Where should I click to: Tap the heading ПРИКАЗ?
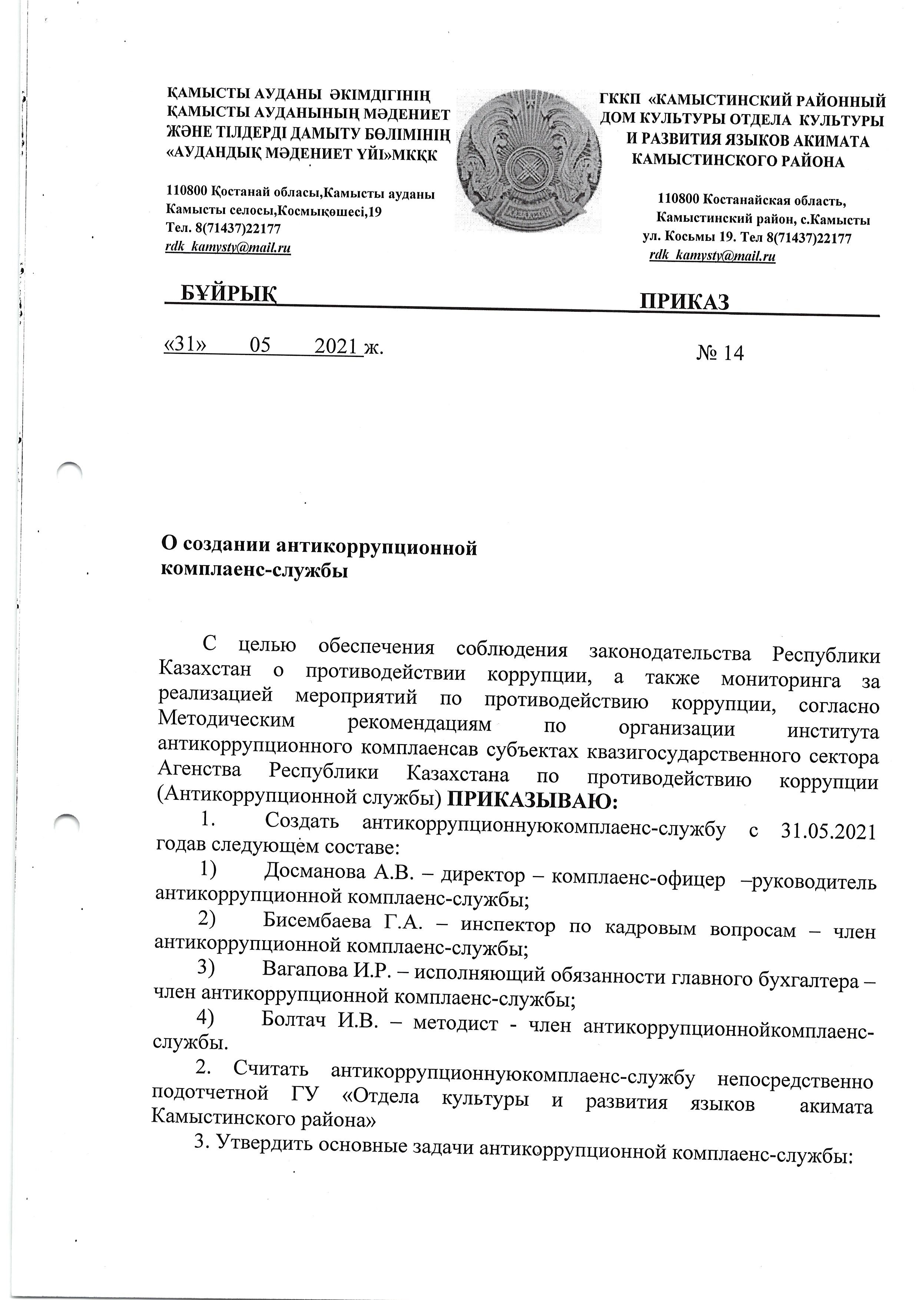pyautogui.click(x=683, y=302)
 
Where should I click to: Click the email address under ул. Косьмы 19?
pyautogui.click(x=712, y=256)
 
